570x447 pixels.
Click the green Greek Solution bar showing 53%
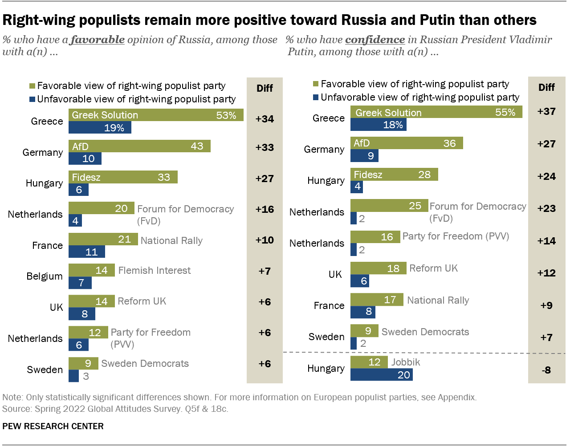156,115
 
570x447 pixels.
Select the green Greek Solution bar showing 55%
436,112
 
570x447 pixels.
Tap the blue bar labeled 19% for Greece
100,128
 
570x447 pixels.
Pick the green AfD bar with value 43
139,146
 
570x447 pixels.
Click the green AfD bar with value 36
407,143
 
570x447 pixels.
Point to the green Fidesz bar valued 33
123,177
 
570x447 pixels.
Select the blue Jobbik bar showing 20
381,375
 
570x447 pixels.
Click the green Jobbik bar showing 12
369,362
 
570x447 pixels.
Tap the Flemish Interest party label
154,270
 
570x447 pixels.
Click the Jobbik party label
405,362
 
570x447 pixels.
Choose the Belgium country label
45,276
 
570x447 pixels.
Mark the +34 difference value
265,119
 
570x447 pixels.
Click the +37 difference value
546,111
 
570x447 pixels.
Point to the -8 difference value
546,370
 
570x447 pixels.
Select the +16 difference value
265,209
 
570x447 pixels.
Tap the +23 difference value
546,208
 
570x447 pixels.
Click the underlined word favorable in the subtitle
98,40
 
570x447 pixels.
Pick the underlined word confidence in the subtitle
375,40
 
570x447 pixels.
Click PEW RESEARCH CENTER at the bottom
53,426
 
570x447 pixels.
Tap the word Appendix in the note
456,397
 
